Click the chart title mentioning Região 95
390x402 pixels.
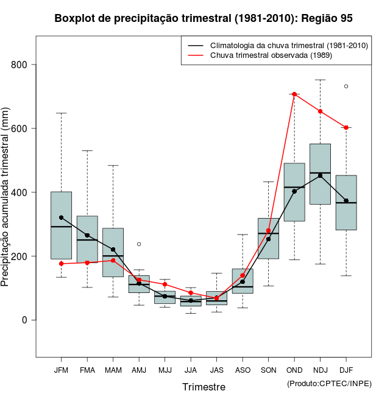204,19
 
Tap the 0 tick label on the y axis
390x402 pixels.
25,320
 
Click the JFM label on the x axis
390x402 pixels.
61,370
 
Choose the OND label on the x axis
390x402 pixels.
294,370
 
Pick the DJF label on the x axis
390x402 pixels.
346,370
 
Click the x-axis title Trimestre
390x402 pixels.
204,387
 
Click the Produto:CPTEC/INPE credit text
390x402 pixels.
329,383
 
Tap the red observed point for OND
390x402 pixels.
294,94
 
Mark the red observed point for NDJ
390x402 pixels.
320,111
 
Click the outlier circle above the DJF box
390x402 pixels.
346,86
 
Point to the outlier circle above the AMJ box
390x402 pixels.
139,244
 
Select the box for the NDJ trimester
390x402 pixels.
320,183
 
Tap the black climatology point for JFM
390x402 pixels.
61,217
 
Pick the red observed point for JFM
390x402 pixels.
61,264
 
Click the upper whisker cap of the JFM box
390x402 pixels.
61,113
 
